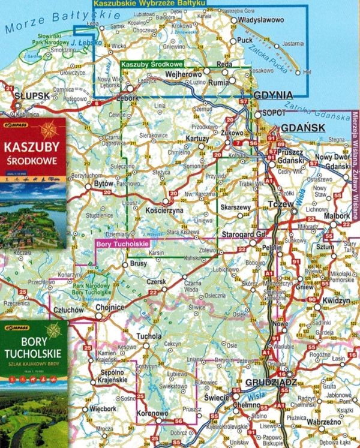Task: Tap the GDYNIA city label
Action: click(272, 95)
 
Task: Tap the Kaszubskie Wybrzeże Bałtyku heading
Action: click(149, 4)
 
